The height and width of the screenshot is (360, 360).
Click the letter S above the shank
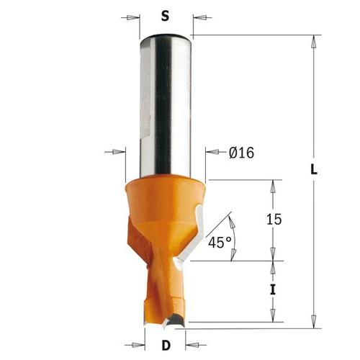(165, 17)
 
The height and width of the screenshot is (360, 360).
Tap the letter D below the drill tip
(166, 346)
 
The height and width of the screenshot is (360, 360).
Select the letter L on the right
(314, 170)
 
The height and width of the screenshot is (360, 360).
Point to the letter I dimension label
(273, 289)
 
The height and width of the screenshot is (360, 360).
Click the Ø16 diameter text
(241, 153)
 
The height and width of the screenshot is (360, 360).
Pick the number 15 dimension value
(274, 220)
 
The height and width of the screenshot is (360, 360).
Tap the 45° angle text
(220, 242)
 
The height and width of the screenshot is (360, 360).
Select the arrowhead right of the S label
(199, 17)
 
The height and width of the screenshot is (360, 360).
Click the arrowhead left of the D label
(138, 345)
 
